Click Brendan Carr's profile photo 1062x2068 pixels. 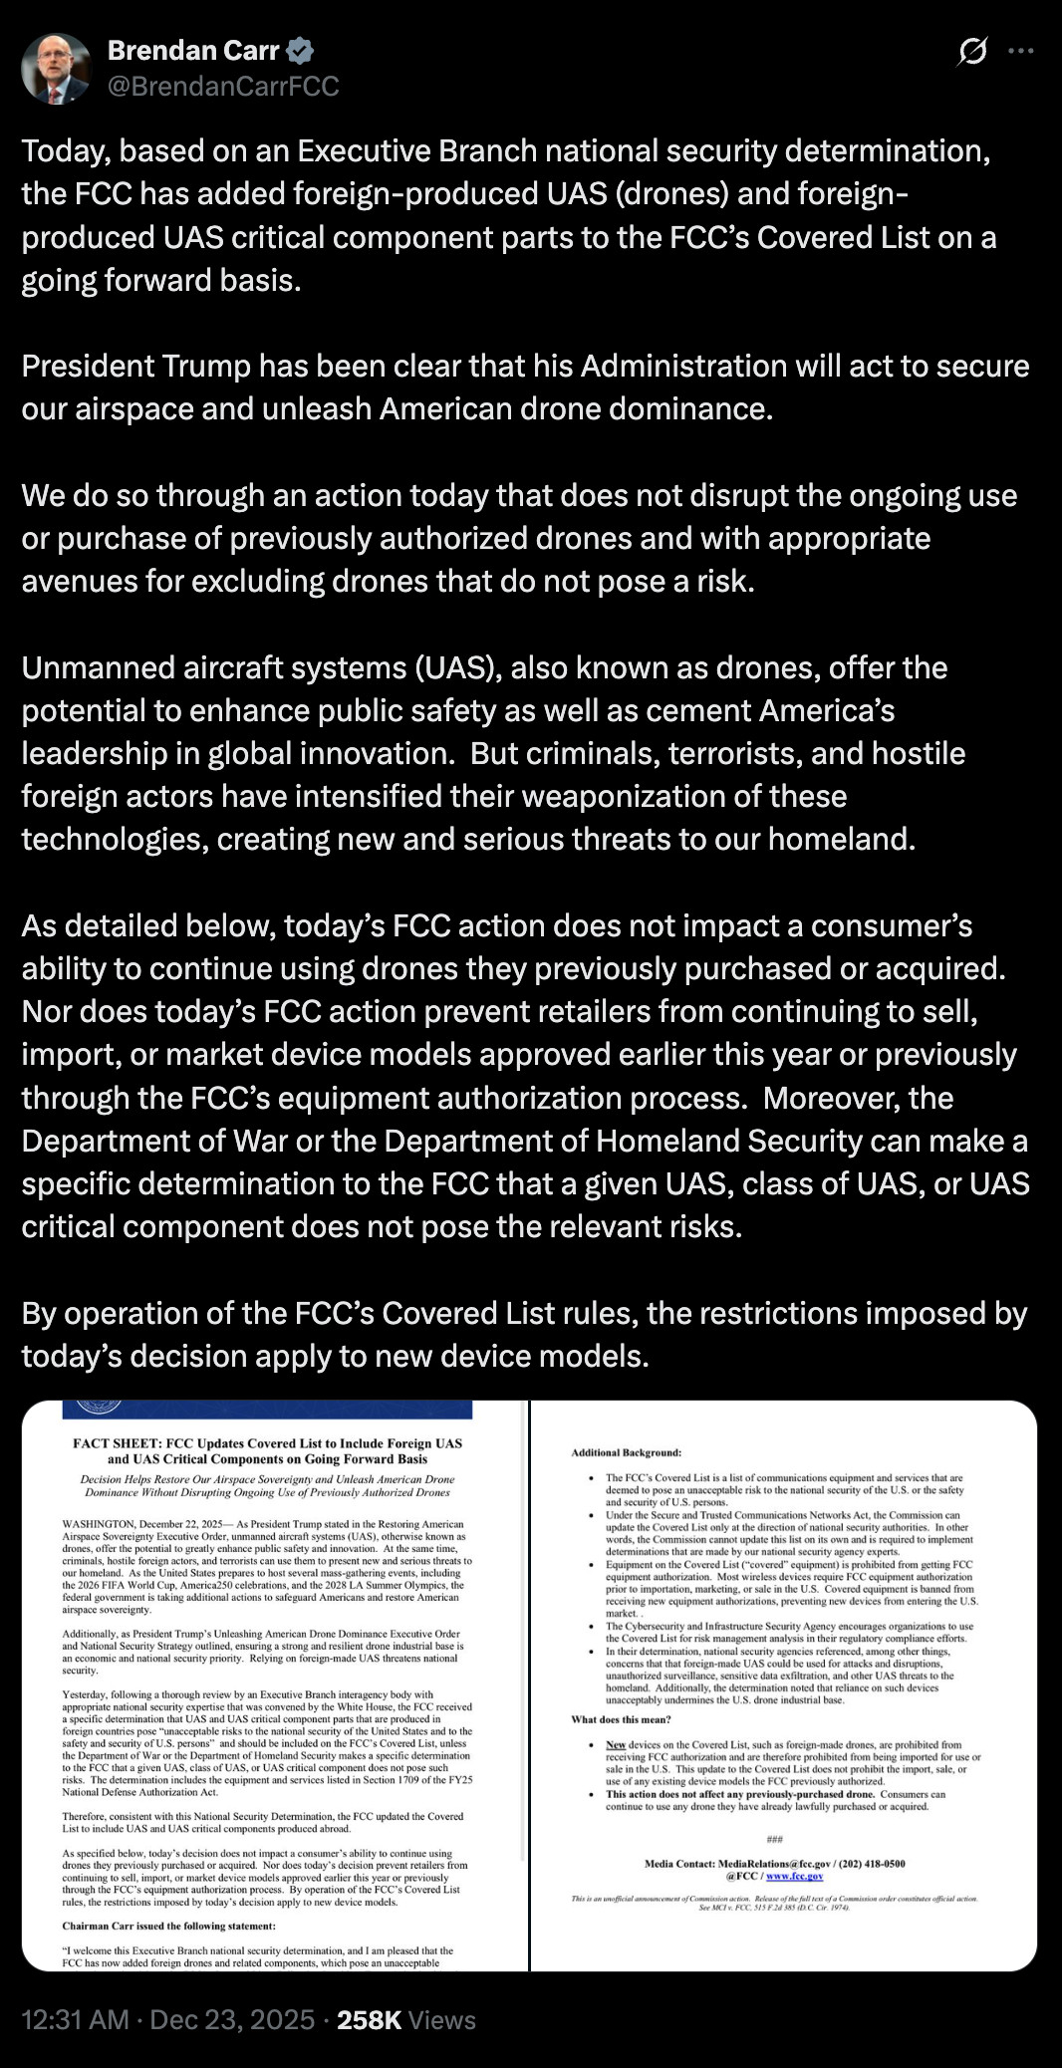(x=56, y=69)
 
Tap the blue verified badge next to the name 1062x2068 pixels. (x=301, y=50)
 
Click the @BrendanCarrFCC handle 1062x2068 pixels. (x=223, y=87)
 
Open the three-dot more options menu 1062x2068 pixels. (x=1021, y=51)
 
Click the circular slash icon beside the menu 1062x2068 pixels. (x=971, y=51)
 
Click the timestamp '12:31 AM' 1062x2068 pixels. (x=76, y=2019)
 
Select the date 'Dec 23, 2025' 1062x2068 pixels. (x=232, y=2019)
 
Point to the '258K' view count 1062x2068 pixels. (x=369, y=2019)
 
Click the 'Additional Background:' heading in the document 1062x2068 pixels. (x=626, y=1452)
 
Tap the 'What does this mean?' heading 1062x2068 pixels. (x=621, y=1719)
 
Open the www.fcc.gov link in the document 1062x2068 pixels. (x=794, y=1876)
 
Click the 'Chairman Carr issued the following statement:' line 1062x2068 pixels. (x=168, y=1926)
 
